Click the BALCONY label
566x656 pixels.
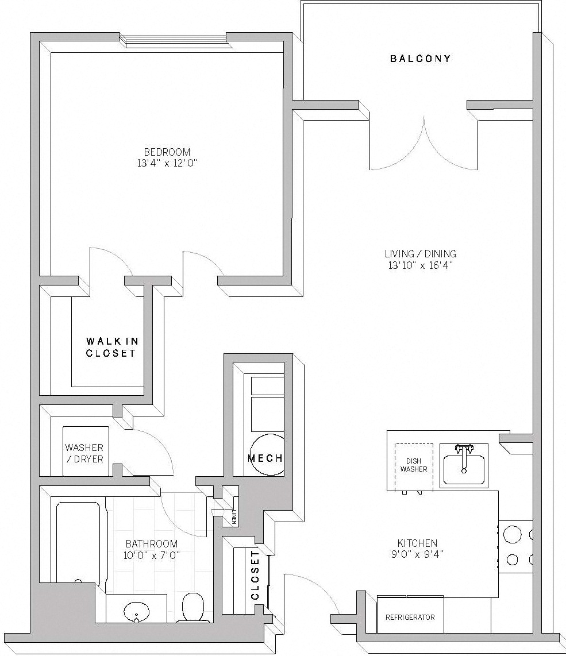(x=420, y=59)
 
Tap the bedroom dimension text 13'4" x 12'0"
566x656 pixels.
(x=167, y=163)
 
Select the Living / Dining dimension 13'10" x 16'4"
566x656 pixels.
(x=421, y=265)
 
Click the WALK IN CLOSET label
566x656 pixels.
(x=111, y=347)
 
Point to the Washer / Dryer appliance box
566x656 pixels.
(x=85, y=452)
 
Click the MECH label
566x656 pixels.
(x=264, y=458)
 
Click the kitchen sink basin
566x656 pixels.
(x=463, y=468)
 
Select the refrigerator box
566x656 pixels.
(x=410, y=616)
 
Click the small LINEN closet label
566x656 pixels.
(x=234, y=516)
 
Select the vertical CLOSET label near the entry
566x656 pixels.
(x=255, y=575)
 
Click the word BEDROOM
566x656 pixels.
(x=167, y=152)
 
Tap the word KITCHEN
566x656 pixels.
(x=417, y=543)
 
